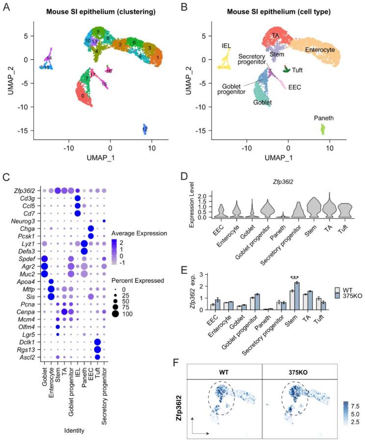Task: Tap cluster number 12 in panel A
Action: [145, 129]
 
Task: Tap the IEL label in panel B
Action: [227, 45]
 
